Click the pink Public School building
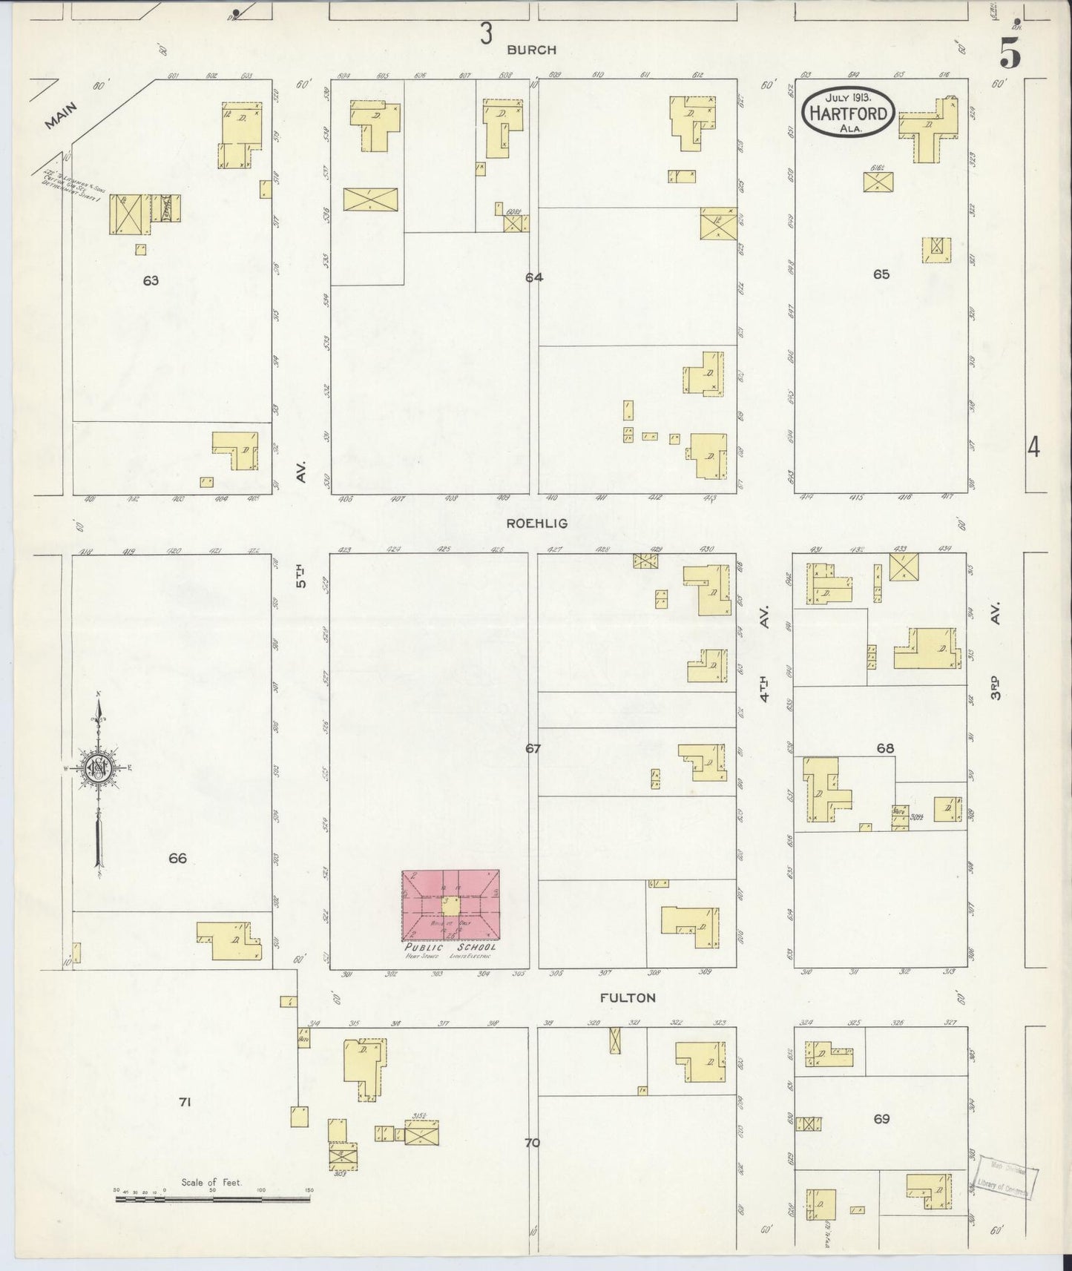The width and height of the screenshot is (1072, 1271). coord(450,905)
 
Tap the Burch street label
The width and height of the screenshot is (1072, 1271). coord(531,50)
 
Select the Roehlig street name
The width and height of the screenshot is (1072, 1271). coord(536,524)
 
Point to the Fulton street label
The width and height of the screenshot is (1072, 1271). coord(628,998)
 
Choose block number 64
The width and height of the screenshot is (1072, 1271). coord(533,277)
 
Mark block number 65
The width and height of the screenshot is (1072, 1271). coord(881,274)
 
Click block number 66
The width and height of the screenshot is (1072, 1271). coord(177,859)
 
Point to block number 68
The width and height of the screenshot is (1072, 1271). coord(884,749)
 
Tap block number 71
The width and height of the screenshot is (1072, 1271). coord(185,1103)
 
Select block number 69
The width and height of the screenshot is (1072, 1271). coord(881,1119)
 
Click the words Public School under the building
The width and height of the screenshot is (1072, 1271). coord(450,948)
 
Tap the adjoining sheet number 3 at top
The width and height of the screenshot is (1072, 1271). coord(486,33)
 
